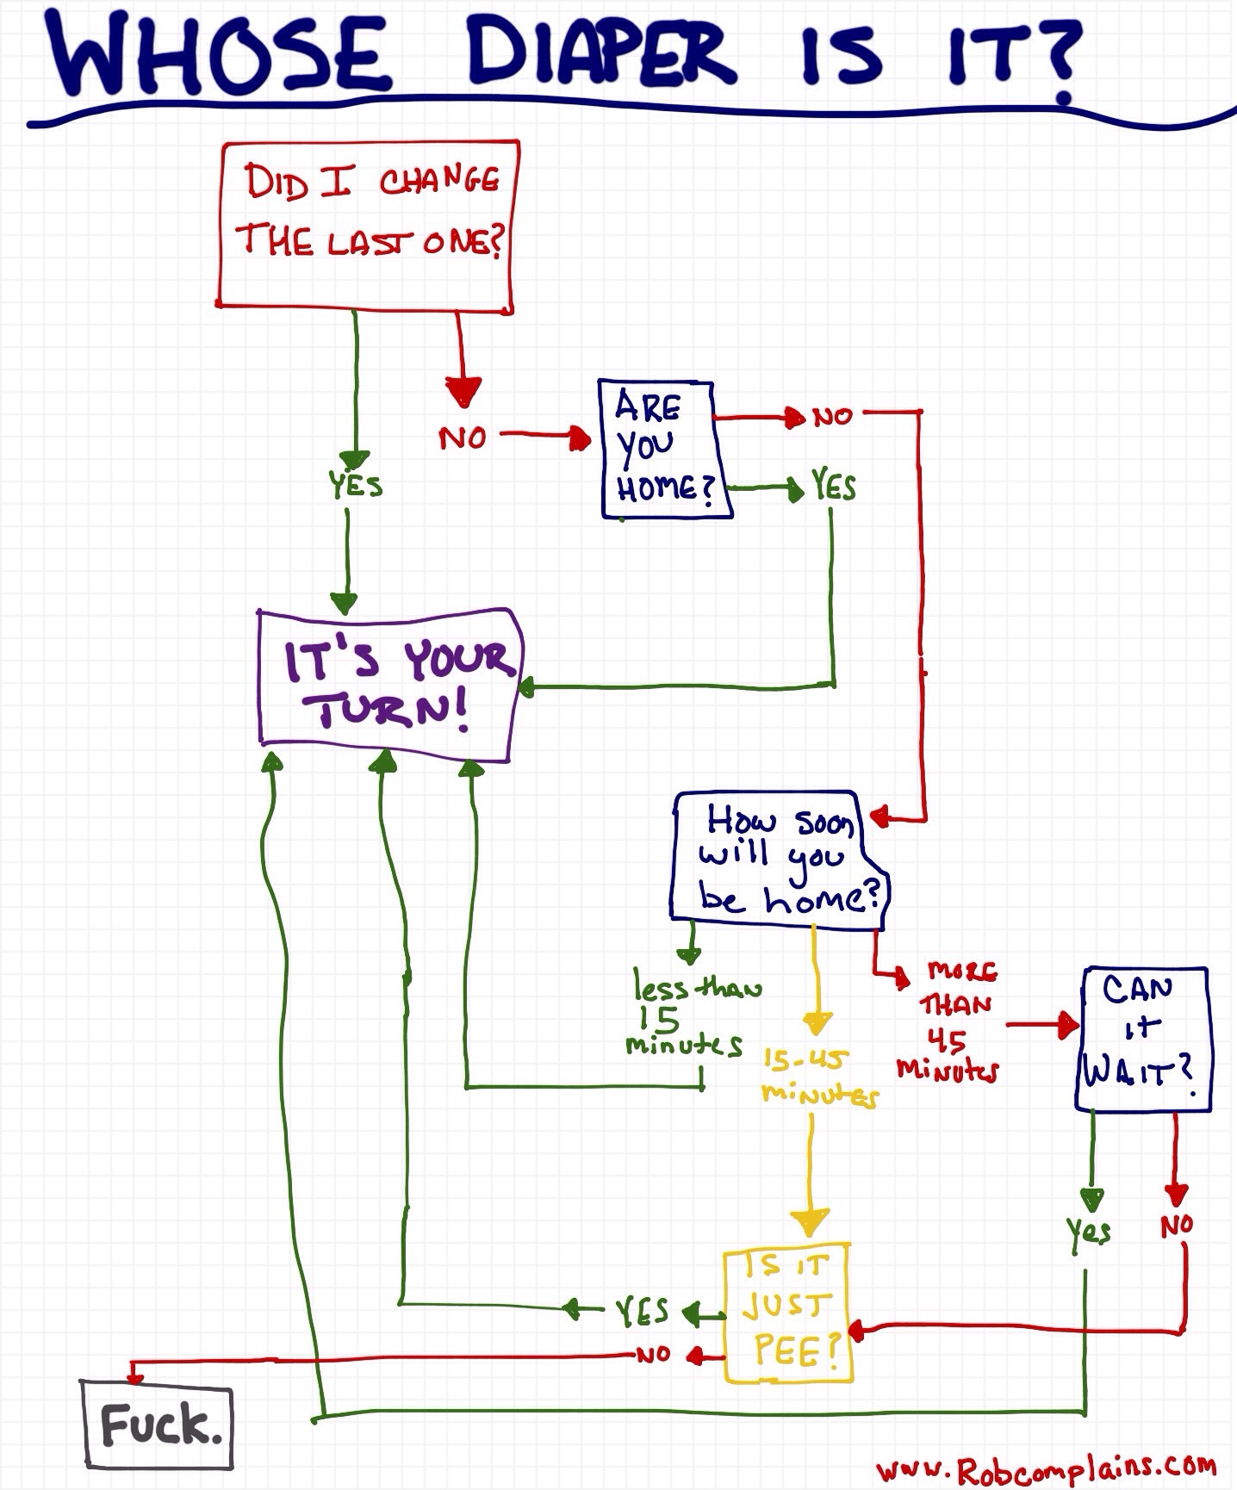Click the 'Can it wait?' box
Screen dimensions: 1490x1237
(x=1142, y=1037)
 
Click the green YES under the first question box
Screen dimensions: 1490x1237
(x=355, y=485)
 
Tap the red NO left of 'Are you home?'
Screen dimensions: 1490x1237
(x=463, y=438)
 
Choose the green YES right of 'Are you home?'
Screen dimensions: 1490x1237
(x=833, y=487)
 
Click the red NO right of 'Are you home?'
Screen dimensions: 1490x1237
(x=832, y=417)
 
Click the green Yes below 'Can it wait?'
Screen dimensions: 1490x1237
(x=1089, y=1231)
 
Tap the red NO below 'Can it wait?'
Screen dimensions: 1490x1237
(x=1177, y=1224)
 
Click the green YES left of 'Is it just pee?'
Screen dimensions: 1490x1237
(x=642, y=1311)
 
